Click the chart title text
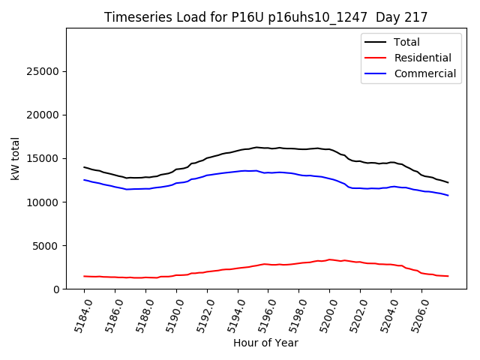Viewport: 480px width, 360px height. click(266, 17)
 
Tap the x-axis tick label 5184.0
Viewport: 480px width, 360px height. click(79, 315)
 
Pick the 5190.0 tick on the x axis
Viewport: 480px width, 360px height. click(171, 315)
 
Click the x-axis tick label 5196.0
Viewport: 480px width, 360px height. click(262, 315)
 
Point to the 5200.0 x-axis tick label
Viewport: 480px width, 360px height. click(324, 315)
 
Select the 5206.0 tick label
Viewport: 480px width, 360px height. click(416, 315)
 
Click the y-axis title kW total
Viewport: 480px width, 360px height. click(16, 158)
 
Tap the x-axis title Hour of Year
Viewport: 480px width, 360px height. click(265, 343)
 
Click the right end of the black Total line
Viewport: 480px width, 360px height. click(448, 182)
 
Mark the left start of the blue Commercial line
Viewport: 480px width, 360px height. click(85, 179)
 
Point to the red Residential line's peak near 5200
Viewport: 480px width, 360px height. click(329, 259)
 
